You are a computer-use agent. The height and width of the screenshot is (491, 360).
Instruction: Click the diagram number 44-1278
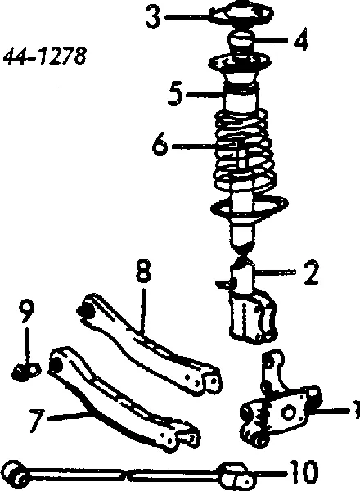coord(44,56)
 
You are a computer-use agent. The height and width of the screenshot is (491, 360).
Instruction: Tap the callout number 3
coord(153,16)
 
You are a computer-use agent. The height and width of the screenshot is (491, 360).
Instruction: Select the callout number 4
coord(301,38)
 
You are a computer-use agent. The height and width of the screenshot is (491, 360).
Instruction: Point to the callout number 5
coord(175,93)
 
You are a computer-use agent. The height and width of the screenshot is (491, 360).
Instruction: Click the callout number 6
coord(160,146)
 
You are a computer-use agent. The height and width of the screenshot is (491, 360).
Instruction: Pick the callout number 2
coord(311,273)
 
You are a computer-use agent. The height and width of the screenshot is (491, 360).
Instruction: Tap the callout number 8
coord(143,270)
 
